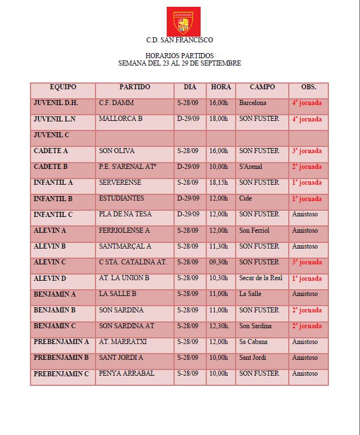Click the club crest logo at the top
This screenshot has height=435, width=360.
183,21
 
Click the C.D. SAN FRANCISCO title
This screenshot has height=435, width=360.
180,40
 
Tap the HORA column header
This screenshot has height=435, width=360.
221,88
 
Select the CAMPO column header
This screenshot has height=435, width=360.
262,88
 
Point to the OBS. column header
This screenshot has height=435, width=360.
309,88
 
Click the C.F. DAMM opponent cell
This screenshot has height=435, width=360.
112,103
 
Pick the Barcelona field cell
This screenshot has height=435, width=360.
253,103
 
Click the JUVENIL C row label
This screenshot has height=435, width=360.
51,135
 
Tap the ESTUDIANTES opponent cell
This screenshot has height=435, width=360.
122,198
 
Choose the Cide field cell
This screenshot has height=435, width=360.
245,199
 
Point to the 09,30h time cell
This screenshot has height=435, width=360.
219,262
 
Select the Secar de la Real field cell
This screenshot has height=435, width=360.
261,278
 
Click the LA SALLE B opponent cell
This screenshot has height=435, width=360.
118,294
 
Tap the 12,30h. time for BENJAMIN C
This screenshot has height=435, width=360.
220,326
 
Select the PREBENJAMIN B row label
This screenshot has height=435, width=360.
61,358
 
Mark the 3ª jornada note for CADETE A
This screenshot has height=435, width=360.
307,151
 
